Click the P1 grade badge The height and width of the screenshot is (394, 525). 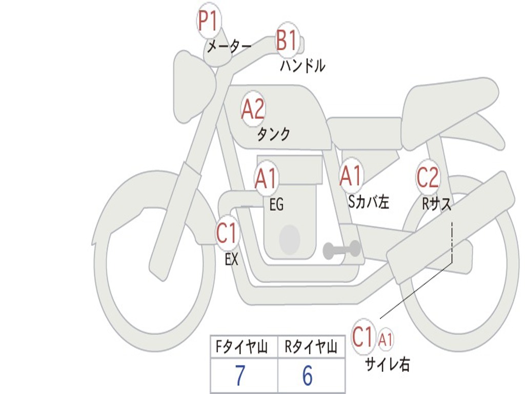(209, 21)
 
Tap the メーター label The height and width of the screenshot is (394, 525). (229, 46)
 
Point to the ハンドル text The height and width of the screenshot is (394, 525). (302, 65)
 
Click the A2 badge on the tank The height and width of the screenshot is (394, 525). (253, 109)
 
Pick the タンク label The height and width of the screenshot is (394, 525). (273, 134)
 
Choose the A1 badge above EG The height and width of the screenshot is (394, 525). (266, 178)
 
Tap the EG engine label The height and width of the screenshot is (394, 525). (276, 204)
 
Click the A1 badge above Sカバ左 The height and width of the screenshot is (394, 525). (351, 175)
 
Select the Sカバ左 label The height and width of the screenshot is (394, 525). (369, 201)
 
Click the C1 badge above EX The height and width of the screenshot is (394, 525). (227, 233)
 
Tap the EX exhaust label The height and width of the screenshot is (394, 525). (231, 259)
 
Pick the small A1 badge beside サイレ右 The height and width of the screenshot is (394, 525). (386, 340)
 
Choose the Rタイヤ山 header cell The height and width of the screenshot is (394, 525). (311, 347)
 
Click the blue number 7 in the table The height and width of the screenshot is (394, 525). (240, 376)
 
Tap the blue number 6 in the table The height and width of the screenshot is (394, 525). (308, 376)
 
